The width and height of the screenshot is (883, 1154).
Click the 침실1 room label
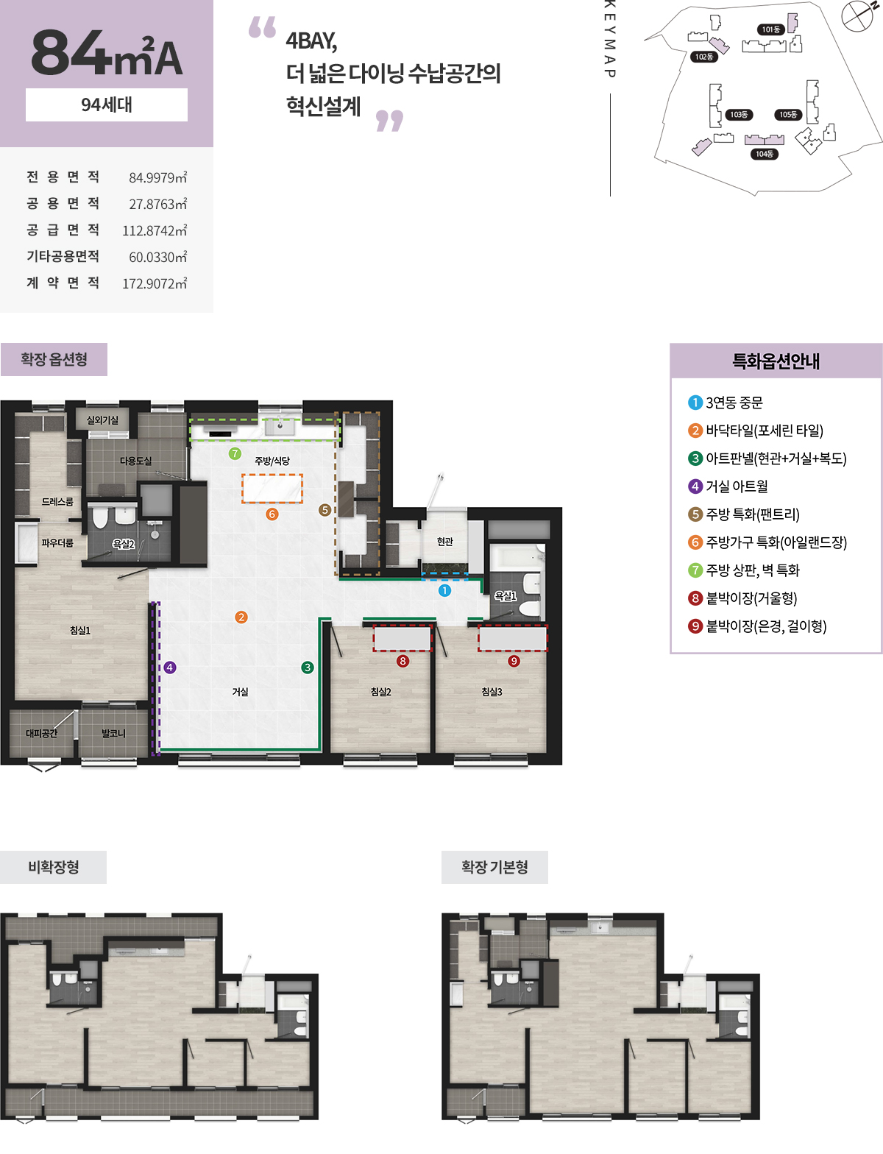[x=80, y=630]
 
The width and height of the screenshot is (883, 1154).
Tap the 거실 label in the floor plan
[x=240, y=692]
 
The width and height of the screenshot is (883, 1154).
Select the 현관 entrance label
[x=444, y=541]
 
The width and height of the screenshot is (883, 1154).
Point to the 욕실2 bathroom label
[x=124, y=544]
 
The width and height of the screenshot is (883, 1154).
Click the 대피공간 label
[x=41, y=733]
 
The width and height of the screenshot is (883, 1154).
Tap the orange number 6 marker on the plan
[x=272, y=514]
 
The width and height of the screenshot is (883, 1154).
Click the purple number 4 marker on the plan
[x=169, y=668]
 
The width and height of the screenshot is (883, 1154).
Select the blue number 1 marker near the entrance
[x=444, y=590]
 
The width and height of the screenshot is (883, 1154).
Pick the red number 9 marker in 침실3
[x=514, y=661]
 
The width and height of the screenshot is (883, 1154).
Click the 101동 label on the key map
[x=771, y=29]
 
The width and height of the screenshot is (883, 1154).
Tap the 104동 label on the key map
[x=765, y=154]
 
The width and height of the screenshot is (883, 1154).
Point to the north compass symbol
[x=859, y=14]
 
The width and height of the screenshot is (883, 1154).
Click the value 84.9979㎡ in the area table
[x=157, y=177]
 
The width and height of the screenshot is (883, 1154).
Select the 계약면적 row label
[x=63, y=283]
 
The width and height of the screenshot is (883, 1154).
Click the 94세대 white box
[x=107, y=105]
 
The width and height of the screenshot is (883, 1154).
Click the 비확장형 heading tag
[x=54, y=867]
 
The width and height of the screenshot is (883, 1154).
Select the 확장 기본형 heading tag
[x=494, y=867]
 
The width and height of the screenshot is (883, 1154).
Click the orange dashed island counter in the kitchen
[x=272, y=489]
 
